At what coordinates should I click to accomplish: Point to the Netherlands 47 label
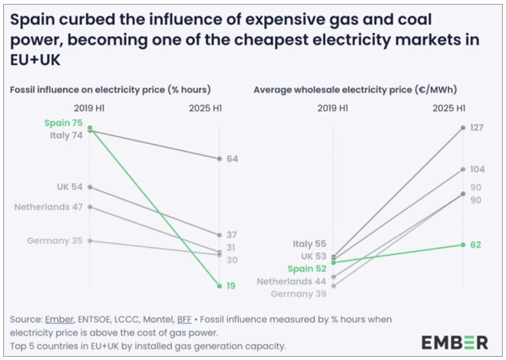49,207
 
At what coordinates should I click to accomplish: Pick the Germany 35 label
54,240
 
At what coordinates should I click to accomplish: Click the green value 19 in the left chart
232,286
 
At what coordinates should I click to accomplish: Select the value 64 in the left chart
232,159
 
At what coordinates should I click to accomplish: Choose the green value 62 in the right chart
476,244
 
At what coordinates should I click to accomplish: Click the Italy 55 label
310,244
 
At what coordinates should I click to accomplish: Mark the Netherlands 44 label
293,281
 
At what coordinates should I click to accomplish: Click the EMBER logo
454,342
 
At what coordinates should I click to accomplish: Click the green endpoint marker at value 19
220,286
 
